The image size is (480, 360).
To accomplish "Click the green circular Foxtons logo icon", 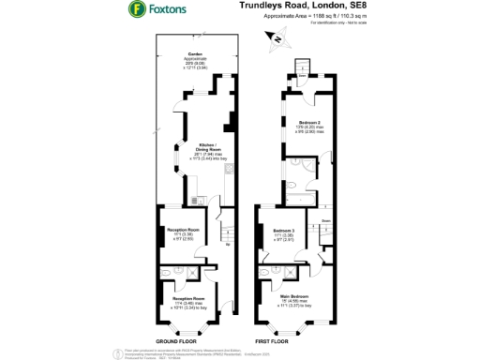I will tap(136, 10).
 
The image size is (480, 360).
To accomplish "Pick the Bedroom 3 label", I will tap(284, 231).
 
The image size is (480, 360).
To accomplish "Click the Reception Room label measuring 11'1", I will tap(184, 230).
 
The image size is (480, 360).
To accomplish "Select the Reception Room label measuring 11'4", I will tap(187, 300).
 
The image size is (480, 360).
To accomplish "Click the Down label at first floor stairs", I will tap(325, 220).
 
